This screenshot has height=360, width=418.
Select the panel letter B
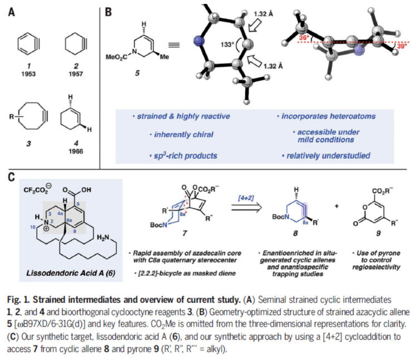pyautogui.click(x=109, y=11)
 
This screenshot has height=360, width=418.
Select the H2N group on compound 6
pyautogui.click(x=116, y=237)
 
